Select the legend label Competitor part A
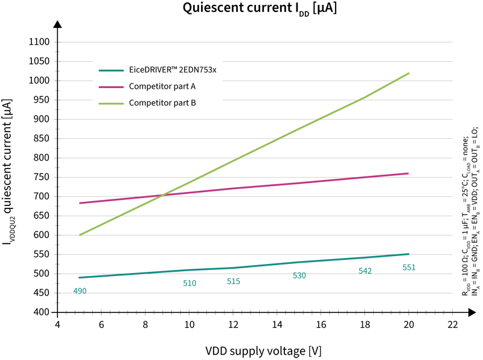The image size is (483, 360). [x=162, y=86]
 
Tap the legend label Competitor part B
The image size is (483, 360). [x=162, y=103]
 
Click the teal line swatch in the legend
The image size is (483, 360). [x=112, y=71]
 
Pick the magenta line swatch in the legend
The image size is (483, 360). [x=112, y=87]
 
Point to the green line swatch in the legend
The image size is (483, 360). [x=112, y=103]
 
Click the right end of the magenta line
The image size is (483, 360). [x=412, y=170]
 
